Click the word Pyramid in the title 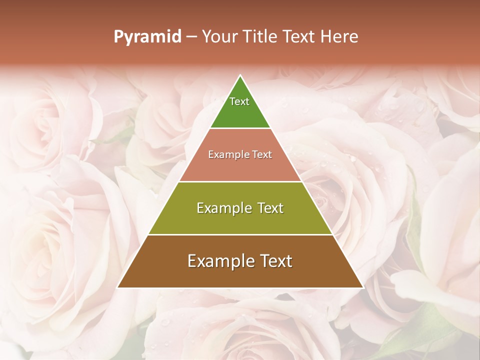pyautogui.click(x=147, y=37)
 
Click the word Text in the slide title pyautogui.click(x=299, y=37)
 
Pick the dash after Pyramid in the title pyautogui.click(x=191, y=37)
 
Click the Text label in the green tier pyautogui.click(x=239, y=101)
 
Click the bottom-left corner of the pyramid pyautogui.click(x=117, y=287)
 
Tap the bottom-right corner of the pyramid pyautogui.click(x=363, y=287)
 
